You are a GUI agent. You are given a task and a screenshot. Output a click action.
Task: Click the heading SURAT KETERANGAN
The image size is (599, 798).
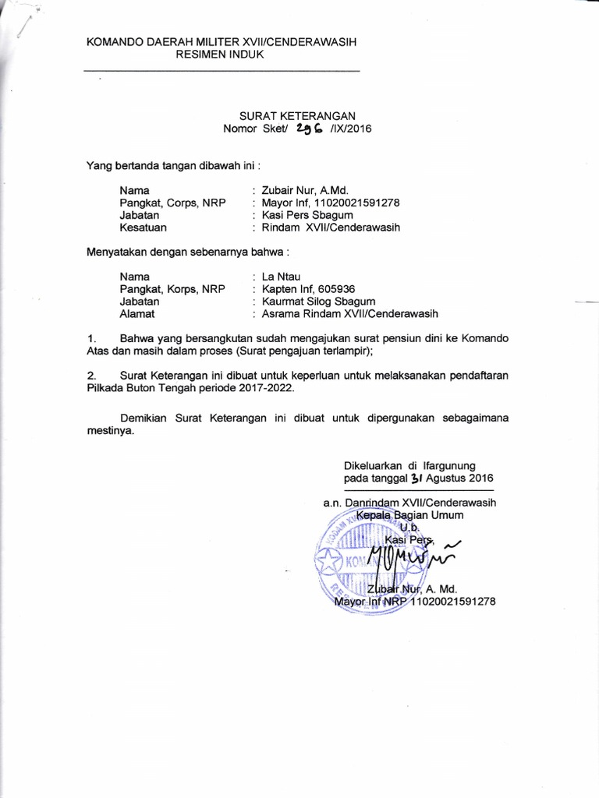[297, 115]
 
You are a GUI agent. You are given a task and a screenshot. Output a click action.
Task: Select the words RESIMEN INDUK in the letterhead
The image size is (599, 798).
[220, 55]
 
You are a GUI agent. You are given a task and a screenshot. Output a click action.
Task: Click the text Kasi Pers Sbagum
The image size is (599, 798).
[307, 215]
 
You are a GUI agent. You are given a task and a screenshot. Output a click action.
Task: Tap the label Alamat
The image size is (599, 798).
[137, 313]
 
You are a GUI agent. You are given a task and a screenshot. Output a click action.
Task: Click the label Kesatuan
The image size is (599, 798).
[143, 228]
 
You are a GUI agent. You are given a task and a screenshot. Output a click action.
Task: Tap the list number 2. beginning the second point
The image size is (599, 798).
[91, 375]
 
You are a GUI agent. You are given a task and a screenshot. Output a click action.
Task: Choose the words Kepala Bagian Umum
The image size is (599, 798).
[409, 515]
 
